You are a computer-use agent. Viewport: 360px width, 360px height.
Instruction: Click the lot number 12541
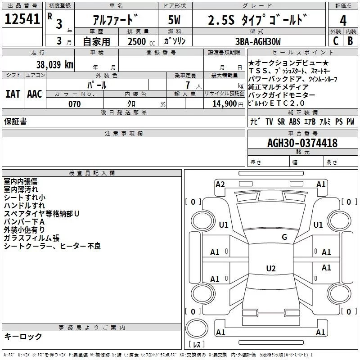[22, 19]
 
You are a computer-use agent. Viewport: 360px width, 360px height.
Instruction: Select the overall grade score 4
[343, 21]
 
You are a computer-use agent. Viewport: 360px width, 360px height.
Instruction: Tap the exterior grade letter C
[336, 41]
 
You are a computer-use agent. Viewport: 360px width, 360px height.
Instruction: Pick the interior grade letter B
[351, 41]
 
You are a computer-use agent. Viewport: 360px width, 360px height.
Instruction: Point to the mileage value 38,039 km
[55, 65]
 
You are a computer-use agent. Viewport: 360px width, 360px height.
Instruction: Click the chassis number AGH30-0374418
[302, 143]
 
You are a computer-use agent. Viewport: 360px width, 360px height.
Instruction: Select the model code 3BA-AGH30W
[258, 41]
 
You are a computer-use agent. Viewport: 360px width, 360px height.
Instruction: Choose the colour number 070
[75, 104]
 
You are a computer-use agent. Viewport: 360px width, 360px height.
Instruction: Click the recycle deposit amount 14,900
[225, 104]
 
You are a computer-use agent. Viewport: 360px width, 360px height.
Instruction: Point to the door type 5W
[174, 20]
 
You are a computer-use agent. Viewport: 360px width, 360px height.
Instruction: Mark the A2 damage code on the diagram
[220, 184]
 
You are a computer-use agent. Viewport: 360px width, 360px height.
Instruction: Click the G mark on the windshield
[284, 237]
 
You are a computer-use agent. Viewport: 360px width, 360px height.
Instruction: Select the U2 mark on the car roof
[271, 268]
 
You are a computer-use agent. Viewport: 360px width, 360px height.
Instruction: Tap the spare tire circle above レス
[197, 328]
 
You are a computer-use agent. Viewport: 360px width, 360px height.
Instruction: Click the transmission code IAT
[13, 94]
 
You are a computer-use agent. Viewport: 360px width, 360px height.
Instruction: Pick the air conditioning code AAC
[35, 94]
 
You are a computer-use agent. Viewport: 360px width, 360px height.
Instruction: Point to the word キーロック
[23, 336]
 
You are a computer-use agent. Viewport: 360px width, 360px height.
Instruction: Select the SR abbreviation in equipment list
[281, 121]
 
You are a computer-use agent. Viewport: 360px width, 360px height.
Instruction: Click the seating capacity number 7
[188, 85]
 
